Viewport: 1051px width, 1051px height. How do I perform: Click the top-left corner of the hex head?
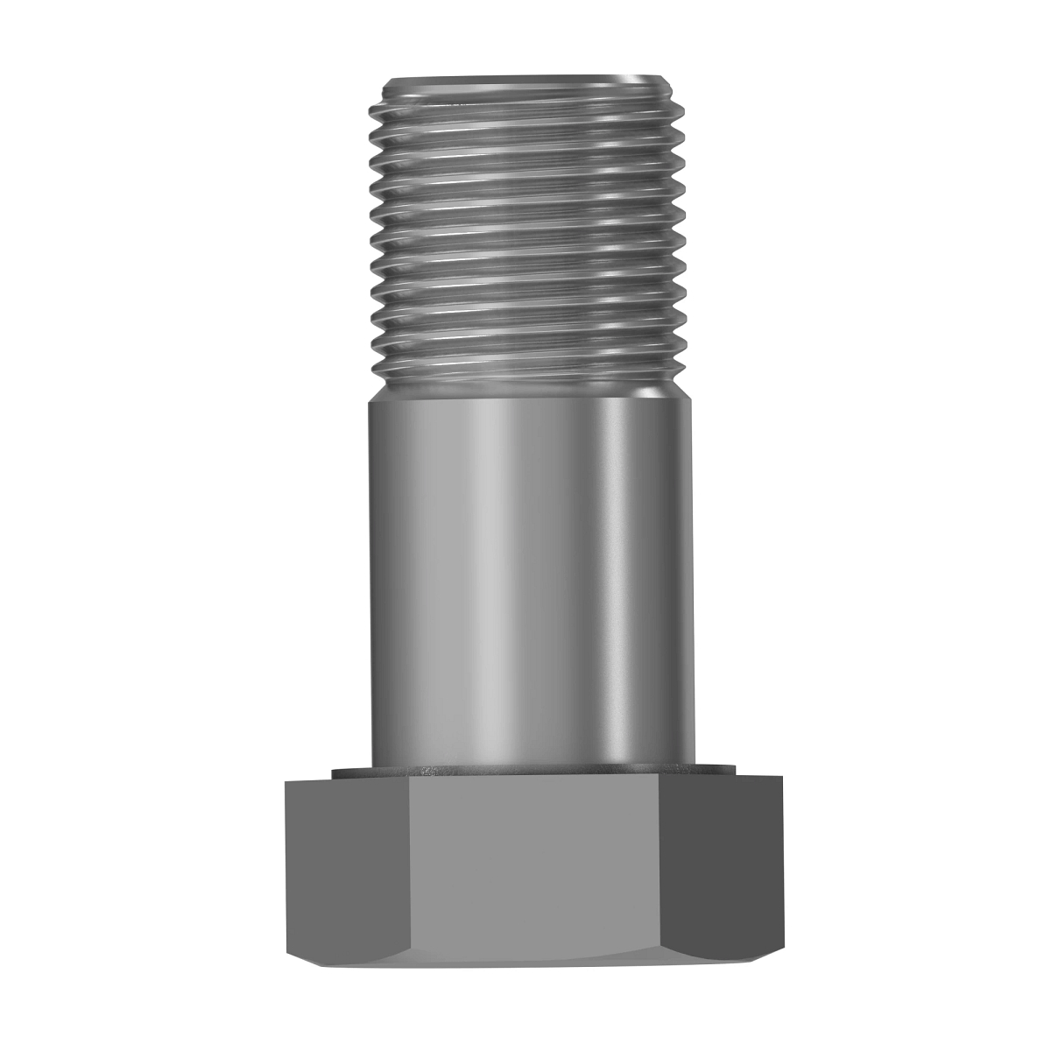click(x=286, y=781)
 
